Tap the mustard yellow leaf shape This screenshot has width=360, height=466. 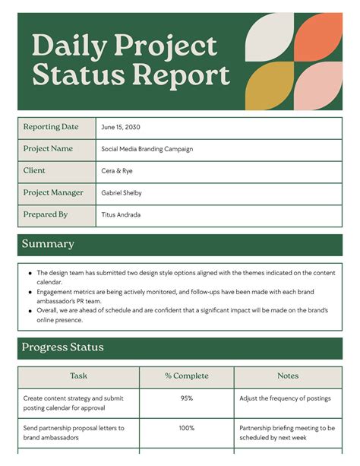[270, 85]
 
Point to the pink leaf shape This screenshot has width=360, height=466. [319, 85]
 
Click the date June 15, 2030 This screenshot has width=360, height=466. [121, 128]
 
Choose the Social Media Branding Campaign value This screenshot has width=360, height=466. [147, 150]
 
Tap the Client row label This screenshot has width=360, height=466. [34, 171]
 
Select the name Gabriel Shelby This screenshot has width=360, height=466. [122, 193]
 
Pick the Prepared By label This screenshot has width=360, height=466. [46, 215]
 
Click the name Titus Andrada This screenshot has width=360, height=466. [121, 215]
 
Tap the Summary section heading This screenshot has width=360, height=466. [48, 244]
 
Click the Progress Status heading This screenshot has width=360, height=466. [63, 347]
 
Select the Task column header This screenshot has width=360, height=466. [78, 376]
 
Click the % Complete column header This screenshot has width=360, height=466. [186, 376]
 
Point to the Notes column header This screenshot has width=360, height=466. [288, 376]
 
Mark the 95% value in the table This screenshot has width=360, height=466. [186, 398]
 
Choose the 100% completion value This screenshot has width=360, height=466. [186, 428]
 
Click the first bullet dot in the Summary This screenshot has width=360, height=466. [30, 273]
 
